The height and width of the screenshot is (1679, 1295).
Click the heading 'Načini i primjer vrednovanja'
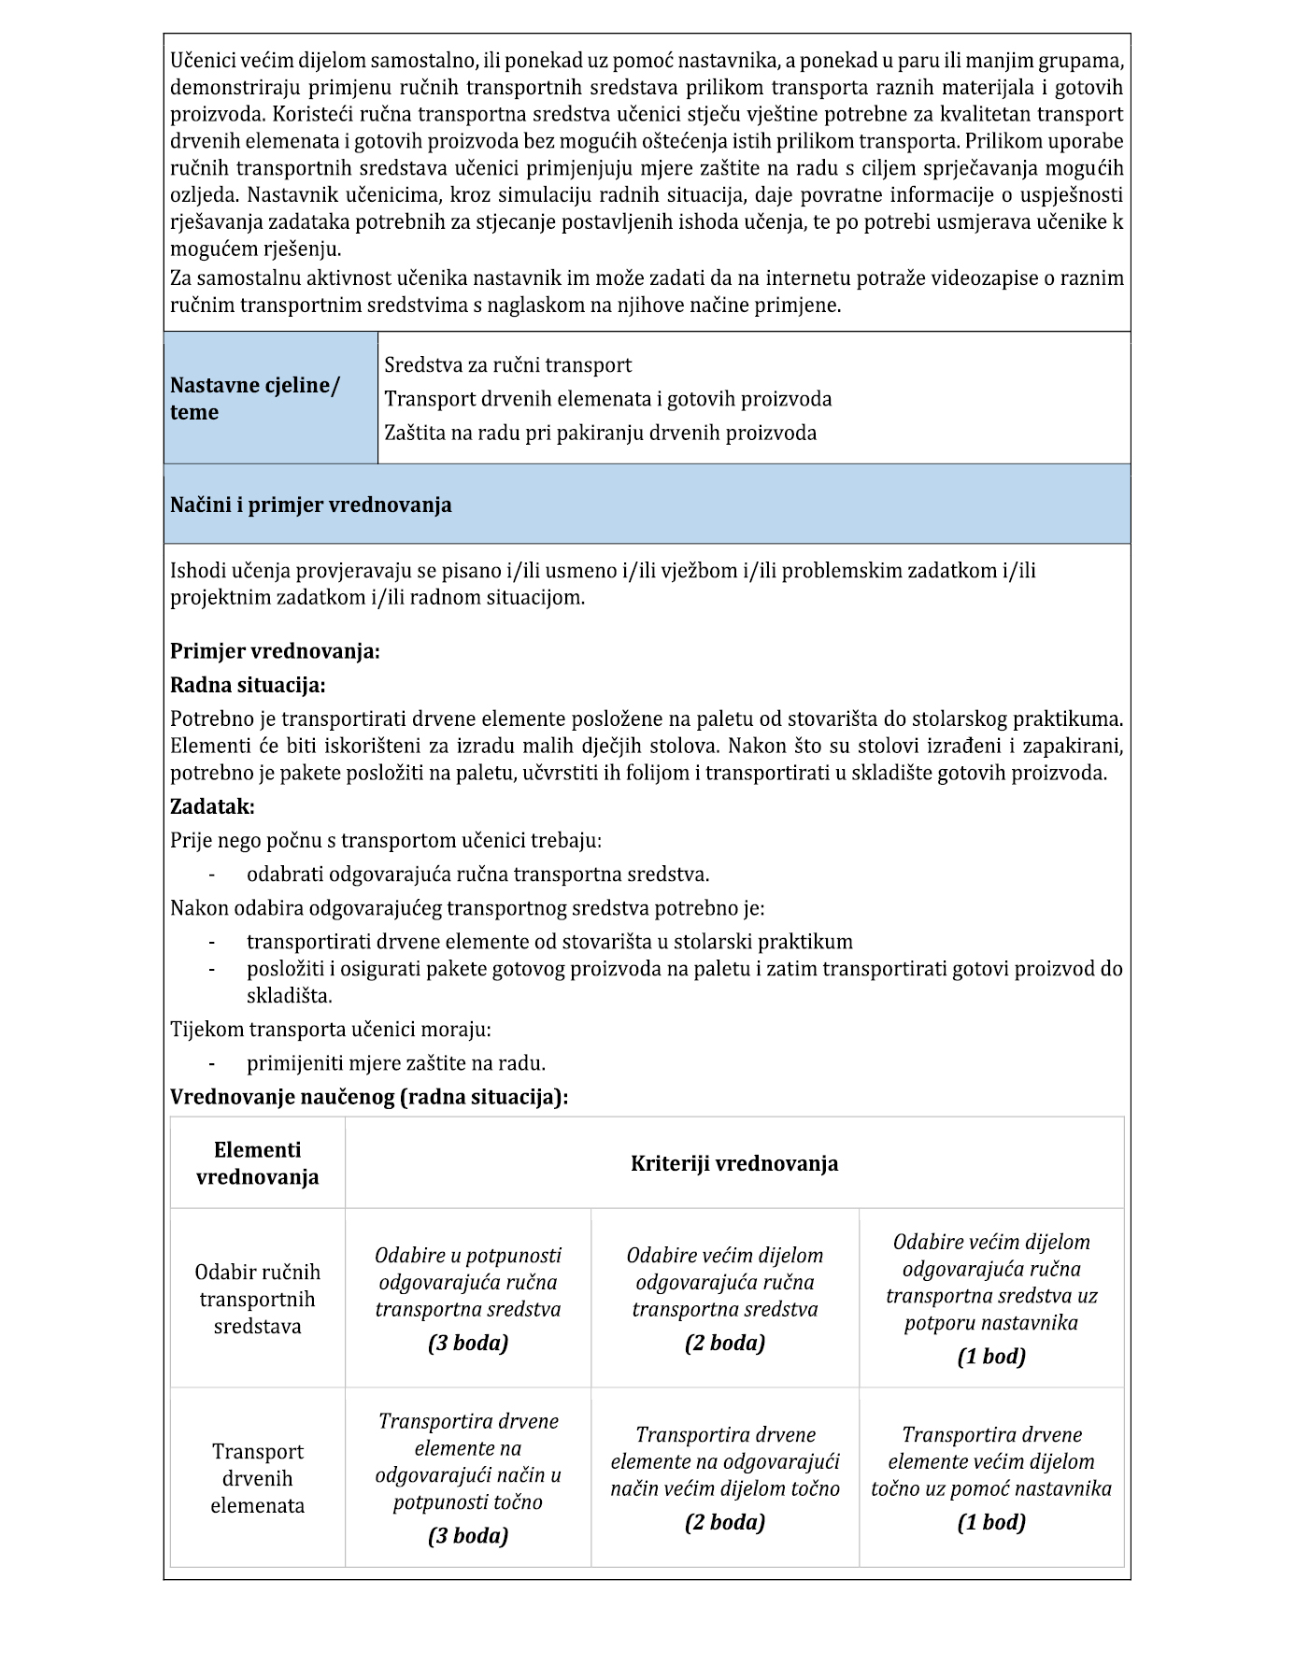coord(310,505)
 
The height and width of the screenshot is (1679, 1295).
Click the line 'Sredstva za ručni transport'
coord(507,365)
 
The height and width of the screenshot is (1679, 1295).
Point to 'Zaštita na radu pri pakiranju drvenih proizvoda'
coord(600,433)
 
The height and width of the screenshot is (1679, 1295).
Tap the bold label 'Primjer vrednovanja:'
coord(275,651)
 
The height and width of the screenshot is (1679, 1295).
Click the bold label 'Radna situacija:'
coord(248,686)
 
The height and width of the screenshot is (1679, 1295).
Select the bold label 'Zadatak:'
coord(212,806)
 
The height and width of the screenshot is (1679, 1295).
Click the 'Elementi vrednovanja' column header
coord(257,1163)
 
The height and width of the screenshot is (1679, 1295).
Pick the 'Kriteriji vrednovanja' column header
coord(733,1163)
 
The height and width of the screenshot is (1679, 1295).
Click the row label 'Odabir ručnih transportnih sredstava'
coord(257,1299)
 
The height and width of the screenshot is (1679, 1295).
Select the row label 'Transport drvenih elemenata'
coord(257,1478)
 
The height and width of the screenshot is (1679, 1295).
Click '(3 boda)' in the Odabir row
coord(468,1344)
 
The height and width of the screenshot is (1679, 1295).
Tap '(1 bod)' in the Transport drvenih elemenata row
coord(991,1522)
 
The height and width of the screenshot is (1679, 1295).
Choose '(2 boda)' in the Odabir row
coord(724,1344)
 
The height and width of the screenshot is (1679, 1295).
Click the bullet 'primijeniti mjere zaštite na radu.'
coord(396,1063)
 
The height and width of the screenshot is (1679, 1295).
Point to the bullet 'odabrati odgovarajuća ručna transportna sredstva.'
coord(477,875)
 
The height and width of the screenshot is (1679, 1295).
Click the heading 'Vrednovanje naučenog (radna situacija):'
coord(369,1097)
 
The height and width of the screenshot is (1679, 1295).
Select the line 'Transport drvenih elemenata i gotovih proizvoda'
coord(607,399)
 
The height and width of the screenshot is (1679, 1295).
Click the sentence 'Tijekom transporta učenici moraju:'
coord(331,1030)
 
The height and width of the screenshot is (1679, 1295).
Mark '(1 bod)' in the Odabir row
coord(991,1357)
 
